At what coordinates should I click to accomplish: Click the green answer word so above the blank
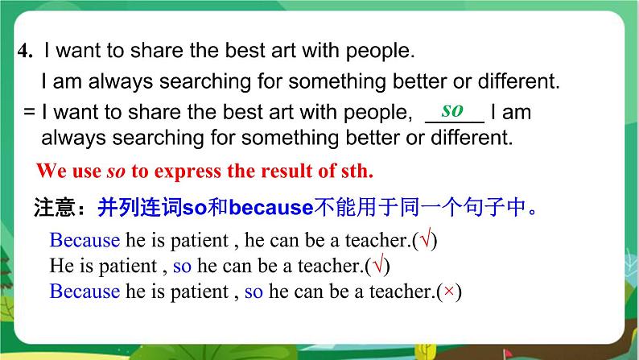click(453, 109)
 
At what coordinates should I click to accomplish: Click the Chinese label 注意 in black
click(58, 209)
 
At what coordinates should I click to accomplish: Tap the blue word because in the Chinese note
click(270, 209)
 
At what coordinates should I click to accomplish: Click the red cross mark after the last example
click(453, 292)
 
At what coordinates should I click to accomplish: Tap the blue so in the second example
click(183, 265)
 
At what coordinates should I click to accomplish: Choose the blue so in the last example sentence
click(254, 292)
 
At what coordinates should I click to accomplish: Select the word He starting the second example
click(61, 265)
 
